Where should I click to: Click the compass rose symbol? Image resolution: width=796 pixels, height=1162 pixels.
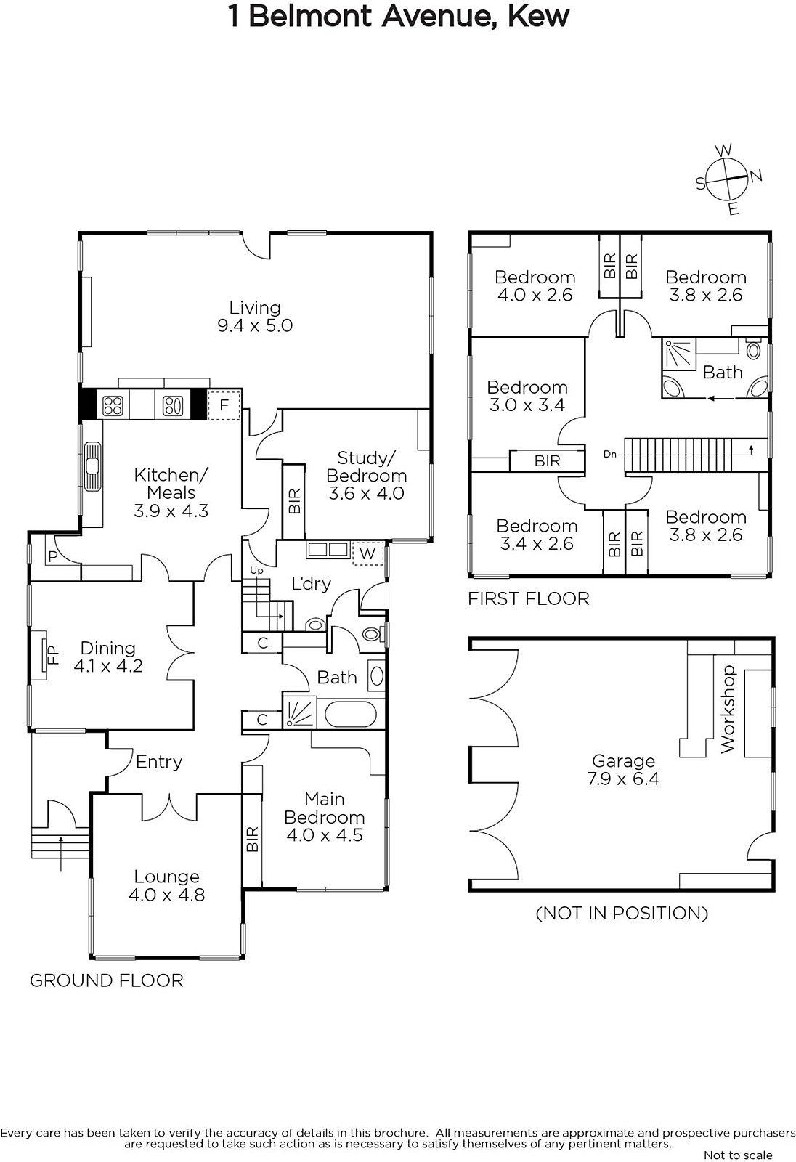pos(728,179)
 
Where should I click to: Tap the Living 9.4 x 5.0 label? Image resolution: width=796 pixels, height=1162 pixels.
pos(255,317)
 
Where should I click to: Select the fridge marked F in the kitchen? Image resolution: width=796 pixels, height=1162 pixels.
pos(224,405)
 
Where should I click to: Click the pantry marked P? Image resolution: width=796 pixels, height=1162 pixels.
pos(52,556)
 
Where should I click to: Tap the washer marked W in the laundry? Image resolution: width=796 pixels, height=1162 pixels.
pos(367,553)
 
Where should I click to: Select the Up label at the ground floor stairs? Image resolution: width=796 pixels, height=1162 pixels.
pos(256,571)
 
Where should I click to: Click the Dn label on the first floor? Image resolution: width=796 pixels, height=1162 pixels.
pos(610,455)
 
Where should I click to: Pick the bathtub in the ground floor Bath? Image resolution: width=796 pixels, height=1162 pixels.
pos(350,715)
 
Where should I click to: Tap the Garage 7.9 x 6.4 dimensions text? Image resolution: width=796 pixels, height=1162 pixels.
pos(623,778)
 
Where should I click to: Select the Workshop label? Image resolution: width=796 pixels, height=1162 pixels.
pos(728,710)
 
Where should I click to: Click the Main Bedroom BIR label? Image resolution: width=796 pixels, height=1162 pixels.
pos(252,839)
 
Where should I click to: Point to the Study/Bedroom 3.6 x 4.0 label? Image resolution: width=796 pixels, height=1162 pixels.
pos(366,476)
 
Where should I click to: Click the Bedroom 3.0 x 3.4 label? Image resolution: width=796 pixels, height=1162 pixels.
pos(527,396)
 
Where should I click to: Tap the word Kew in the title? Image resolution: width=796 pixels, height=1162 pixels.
pos(538,16)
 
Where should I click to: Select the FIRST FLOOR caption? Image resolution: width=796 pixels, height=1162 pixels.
pos(529,599)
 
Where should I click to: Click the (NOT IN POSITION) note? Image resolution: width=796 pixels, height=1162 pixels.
pos(622,927)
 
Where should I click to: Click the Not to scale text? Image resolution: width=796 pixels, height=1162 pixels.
pos(738,1155)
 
